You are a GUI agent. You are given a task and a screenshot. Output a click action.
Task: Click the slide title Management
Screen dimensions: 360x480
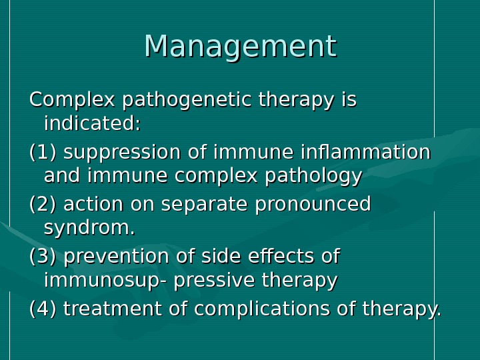coord(240,47)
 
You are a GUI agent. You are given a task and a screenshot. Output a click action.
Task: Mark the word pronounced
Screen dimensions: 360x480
coord(313,205)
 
